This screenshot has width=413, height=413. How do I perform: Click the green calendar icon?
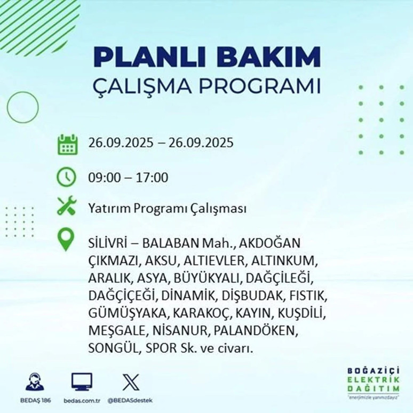coord(67,145)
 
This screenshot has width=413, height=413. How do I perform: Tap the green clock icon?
coord(67,177)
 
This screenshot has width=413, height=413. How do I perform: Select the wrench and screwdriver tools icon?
coord(67,207)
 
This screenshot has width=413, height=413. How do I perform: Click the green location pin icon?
coord(67,240)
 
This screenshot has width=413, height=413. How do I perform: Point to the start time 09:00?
coord(102,177)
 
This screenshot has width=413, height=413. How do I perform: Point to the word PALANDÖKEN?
coord(255,331)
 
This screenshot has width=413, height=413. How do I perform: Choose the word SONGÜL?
coord(111,349)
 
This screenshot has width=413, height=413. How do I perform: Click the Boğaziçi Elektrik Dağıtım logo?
coord(371,381)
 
